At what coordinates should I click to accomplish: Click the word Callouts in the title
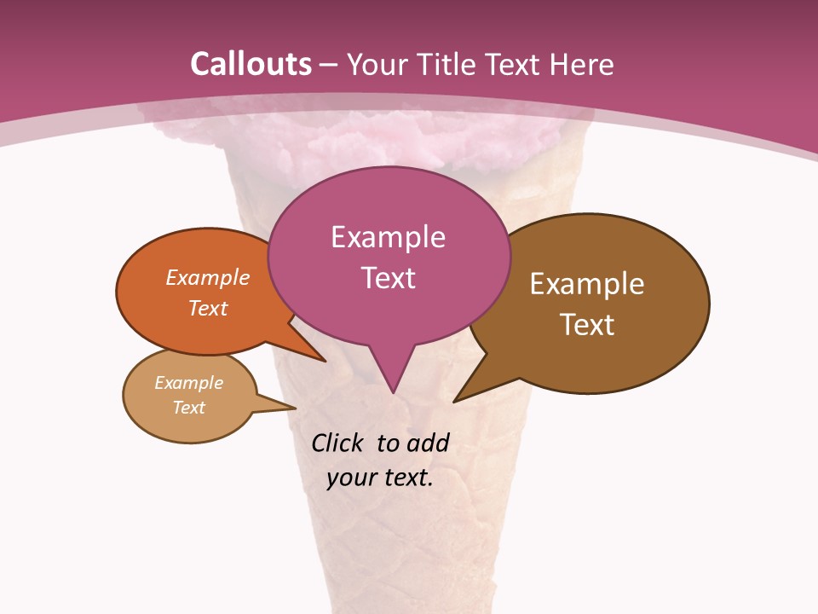click(251, 64)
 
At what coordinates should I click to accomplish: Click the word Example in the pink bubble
click(388, 236)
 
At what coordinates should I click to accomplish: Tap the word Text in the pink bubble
click(388, 278)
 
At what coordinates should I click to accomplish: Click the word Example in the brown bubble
click(587, 283)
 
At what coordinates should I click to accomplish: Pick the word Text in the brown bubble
click(587, 324)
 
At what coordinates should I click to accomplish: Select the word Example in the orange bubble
click(208, 277)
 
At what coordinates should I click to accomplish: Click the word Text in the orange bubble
click(208, 308)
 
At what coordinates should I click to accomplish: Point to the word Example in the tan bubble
click(188, 383)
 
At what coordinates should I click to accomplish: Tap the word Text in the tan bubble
click(188, 408)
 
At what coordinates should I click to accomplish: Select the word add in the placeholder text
click(428, 443)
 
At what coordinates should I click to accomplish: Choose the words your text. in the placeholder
click(380, 478)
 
